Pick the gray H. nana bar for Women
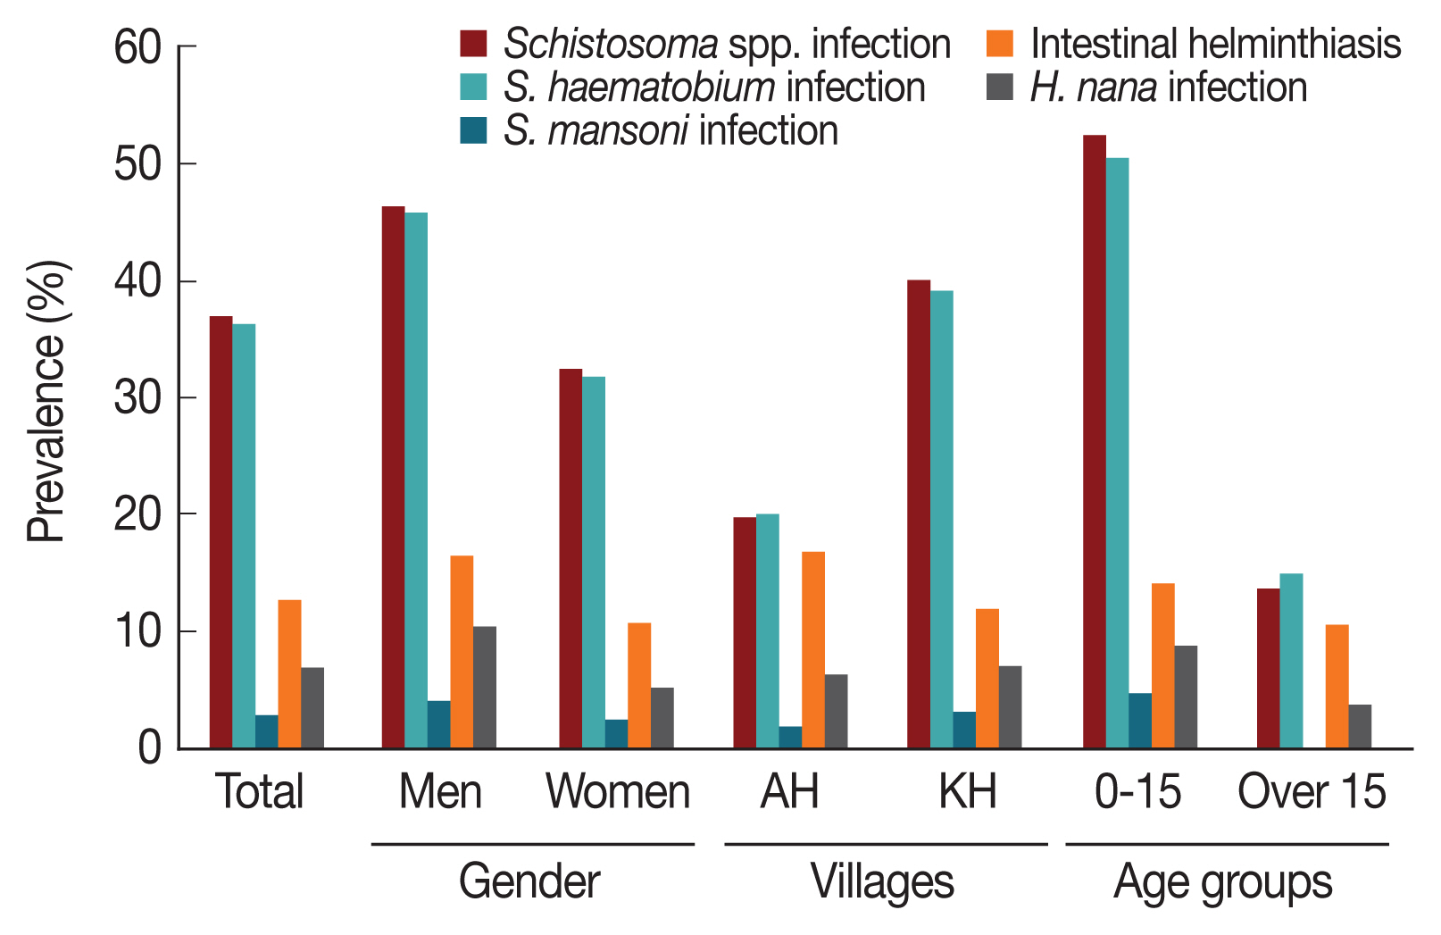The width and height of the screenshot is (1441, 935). (662, 718)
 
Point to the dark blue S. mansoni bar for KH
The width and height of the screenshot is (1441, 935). (964, 730)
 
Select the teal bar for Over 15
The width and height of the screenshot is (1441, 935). (1291, 661)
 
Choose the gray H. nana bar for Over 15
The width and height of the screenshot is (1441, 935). (1360, 727)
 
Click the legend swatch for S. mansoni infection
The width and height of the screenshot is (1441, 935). (473, 130)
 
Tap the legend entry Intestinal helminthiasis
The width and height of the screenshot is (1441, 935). (1215, 44)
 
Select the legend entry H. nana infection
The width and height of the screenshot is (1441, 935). (1168, 88)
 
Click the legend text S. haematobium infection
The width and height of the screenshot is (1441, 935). (714, 88)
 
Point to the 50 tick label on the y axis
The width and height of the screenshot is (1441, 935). (138, 164)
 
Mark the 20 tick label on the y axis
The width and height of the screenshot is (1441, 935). (138, 514)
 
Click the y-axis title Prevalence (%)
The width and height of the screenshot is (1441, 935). (46, 401)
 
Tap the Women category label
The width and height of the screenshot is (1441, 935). (618, 791)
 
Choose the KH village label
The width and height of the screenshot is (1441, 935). (967, 791)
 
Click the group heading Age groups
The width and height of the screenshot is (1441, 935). (1223, 882)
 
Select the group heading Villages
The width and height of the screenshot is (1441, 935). (882, 882)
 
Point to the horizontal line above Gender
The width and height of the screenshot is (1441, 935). (532, 844)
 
